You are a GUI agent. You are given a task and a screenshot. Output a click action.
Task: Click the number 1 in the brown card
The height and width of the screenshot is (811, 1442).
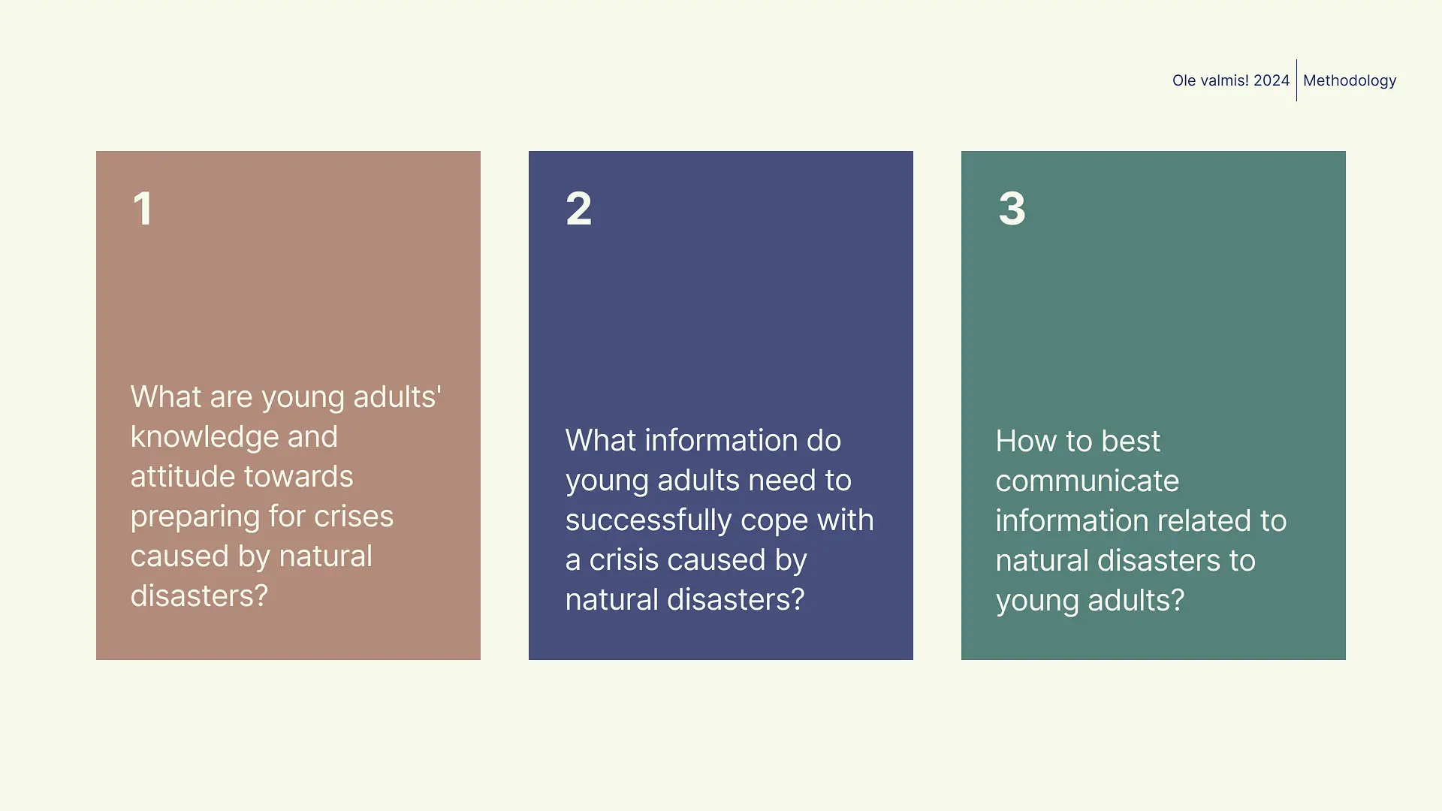[x=143, y=208]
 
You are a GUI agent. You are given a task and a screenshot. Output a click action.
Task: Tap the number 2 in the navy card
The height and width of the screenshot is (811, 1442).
[x=578, y=208]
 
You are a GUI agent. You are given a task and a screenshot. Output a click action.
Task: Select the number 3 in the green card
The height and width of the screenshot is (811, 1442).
[x=1012, y=208]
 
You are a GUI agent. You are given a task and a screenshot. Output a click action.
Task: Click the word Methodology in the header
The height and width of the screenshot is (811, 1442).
[x=1350, y=80]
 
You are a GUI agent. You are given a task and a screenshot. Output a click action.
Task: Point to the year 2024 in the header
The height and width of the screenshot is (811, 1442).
[x=1272, y=80]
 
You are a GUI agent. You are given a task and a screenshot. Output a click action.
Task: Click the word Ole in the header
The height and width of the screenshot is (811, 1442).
[x=1184, y=80]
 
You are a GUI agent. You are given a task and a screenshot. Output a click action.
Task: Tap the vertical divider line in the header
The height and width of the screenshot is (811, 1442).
[x=1296, y=80]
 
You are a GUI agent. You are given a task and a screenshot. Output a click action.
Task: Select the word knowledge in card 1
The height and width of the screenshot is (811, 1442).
[x=234, y=437]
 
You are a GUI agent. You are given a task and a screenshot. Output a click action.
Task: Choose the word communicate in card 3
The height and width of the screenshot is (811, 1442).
[x=1088, y=481]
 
